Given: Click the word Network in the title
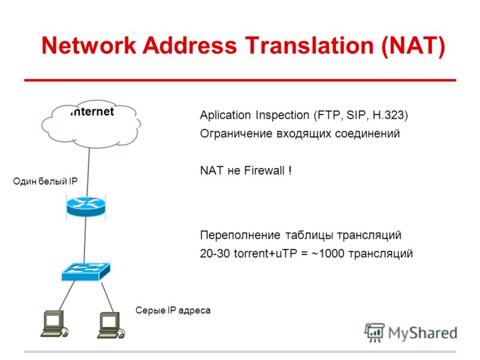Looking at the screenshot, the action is (x=89, y=46).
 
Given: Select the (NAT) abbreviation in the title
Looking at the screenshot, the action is (x=413, y=46).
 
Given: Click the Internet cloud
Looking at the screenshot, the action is (x=91, y=124).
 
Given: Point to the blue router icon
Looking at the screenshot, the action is (x=86, y=206).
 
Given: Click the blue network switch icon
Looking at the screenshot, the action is (x=86, y=272).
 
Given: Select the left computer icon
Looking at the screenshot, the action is (x=55, y=324).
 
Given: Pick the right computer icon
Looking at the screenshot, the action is (x=111, y=325).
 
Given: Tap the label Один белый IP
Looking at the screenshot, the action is (x=46, y=181).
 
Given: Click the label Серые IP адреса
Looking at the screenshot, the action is (x=173, y=310).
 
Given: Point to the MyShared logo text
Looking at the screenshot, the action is (x=422, y=333).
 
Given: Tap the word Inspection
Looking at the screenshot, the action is (x=282, y=115).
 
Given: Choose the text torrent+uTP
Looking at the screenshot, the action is (x=265, y=253).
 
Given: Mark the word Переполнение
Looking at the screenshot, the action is (x=240, y=235).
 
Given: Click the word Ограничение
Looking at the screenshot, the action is (x=236, y=134).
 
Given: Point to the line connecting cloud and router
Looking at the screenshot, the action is (x=88, y=172).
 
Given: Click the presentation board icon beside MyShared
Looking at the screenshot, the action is (x=374, y=332).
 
